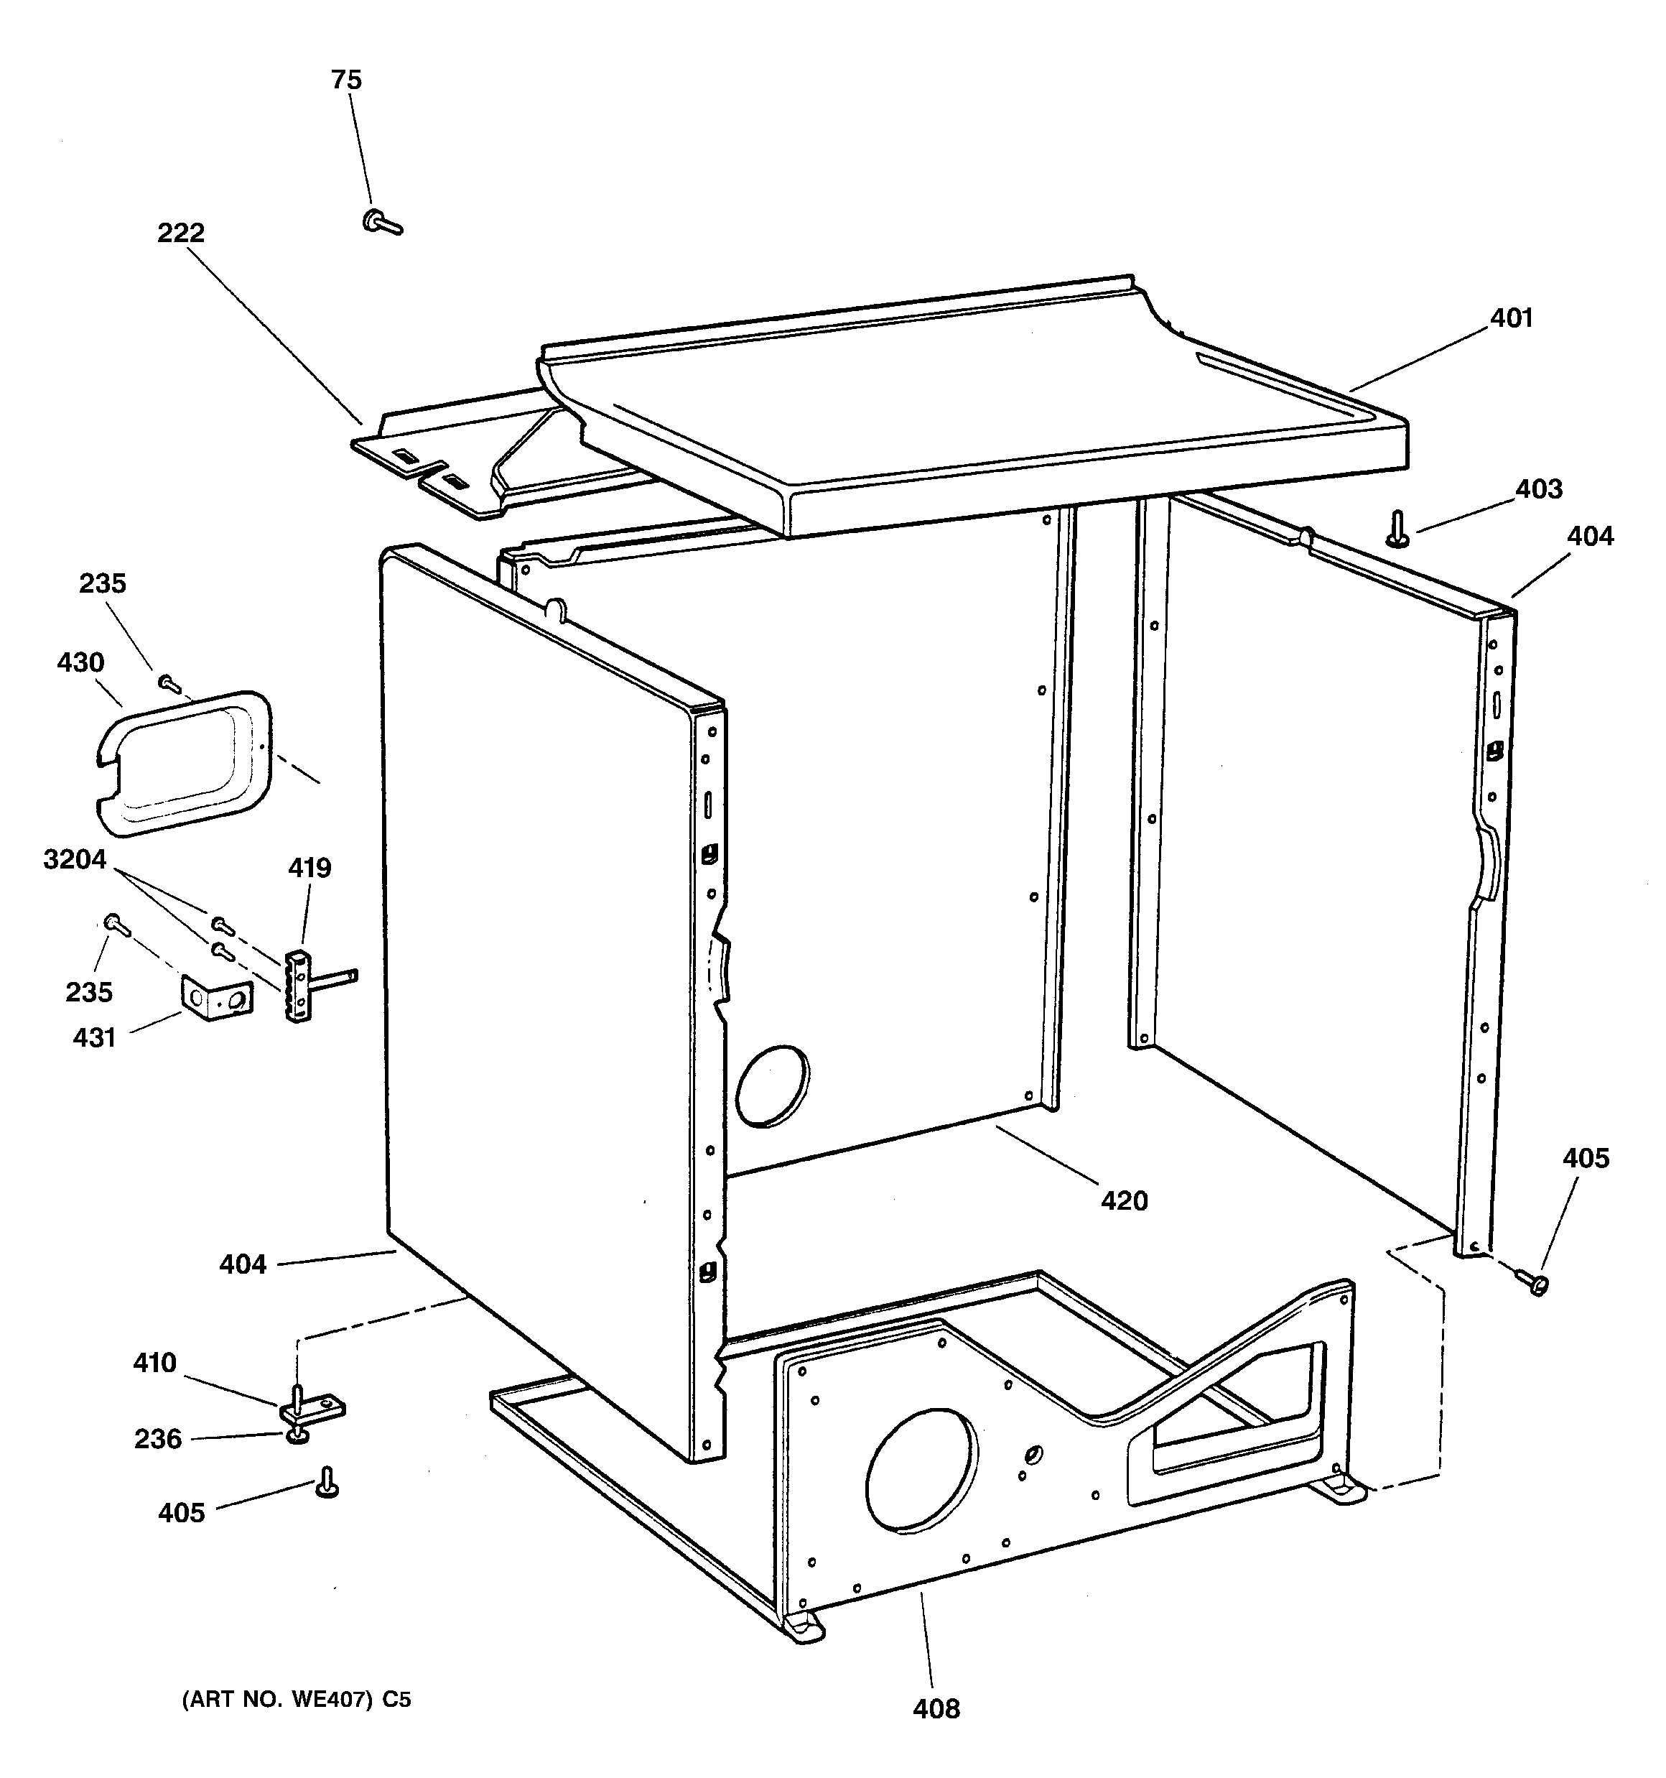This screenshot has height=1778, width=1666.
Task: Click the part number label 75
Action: [346, 80]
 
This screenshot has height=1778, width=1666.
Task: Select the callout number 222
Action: [181, 233]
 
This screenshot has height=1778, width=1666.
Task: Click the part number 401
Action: [1512, 318]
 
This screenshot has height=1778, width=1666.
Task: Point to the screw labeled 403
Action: [1397, 529]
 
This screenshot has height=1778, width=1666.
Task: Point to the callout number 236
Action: [157, 1439]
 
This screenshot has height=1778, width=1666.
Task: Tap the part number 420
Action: [1123, 1201]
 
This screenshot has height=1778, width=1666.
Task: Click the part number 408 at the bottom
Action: [936, 1708]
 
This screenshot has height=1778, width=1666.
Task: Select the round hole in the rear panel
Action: [773, 1085]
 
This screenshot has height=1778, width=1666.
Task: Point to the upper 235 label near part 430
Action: [102, 584]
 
